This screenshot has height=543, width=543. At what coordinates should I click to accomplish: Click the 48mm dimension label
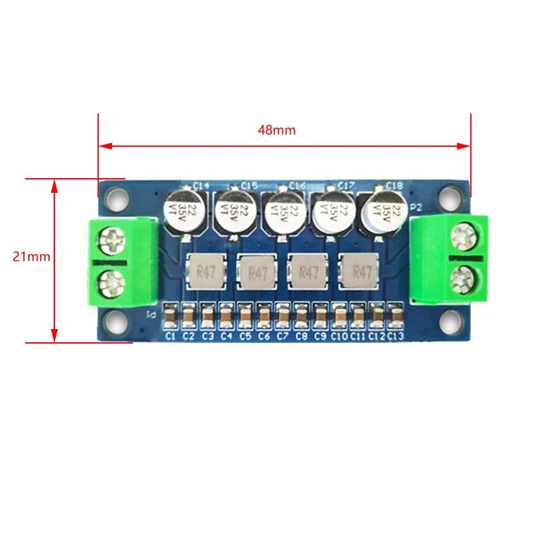[x=277, y=130]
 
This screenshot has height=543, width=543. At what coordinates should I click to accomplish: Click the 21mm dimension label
[x=31, y=257]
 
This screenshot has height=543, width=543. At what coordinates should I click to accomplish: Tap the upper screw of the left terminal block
[x=112, y=239]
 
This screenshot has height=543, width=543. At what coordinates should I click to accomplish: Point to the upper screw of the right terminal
[x=463, y=238]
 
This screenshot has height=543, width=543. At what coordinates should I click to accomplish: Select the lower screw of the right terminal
[x=463, y=280]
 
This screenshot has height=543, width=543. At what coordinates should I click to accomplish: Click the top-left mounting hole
[x=117, y=198]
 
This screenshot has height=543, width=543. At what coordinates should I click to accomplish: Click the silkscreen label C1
[x=170, y=337]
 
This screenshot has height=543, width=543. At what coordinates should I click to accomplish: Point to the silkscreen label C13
[x=396, y=337]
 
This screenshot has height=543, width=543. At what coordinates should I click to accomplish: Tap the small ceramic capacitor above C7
[x=282, y=315]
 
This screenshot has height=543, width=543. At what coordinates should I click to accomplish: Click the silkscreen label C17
[x=346, y=186]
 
